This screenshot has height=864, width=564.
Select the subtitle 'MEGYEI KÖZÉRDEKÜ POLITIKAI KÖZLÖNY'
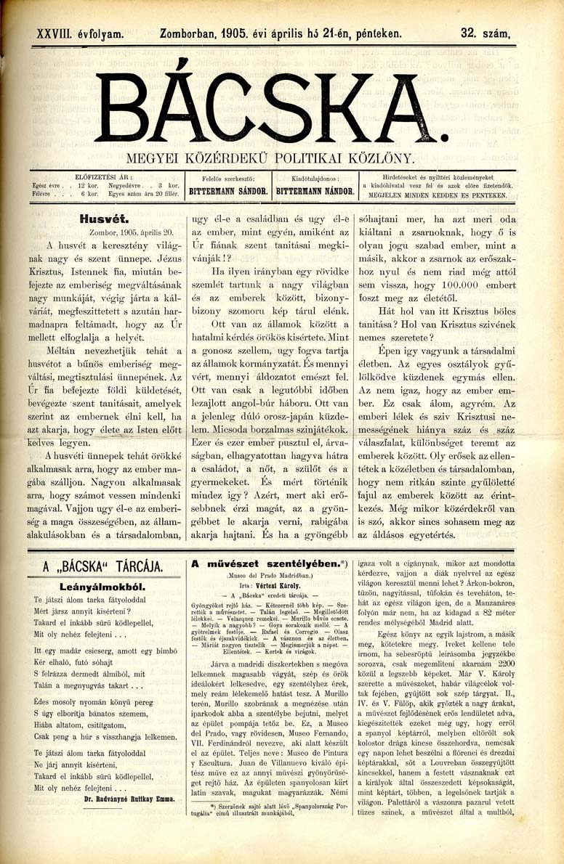pos(270,158)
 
